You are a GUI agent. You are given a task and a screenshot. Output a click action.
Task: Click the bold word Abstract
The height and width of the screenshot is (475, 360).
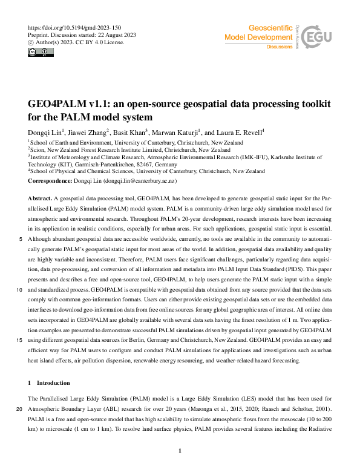pos(40,198)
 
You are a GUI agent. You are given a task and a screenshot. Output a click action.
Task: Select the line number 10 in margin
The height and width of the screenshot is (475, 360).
pos(21,289)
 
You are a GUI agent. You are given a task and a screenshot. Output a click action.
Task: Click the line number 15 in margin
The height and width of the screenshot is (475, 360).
pos(21,341)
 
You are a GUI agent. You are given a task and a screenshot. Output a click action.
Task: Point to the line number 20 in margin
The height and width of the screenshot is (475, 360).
pos(21,408)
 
